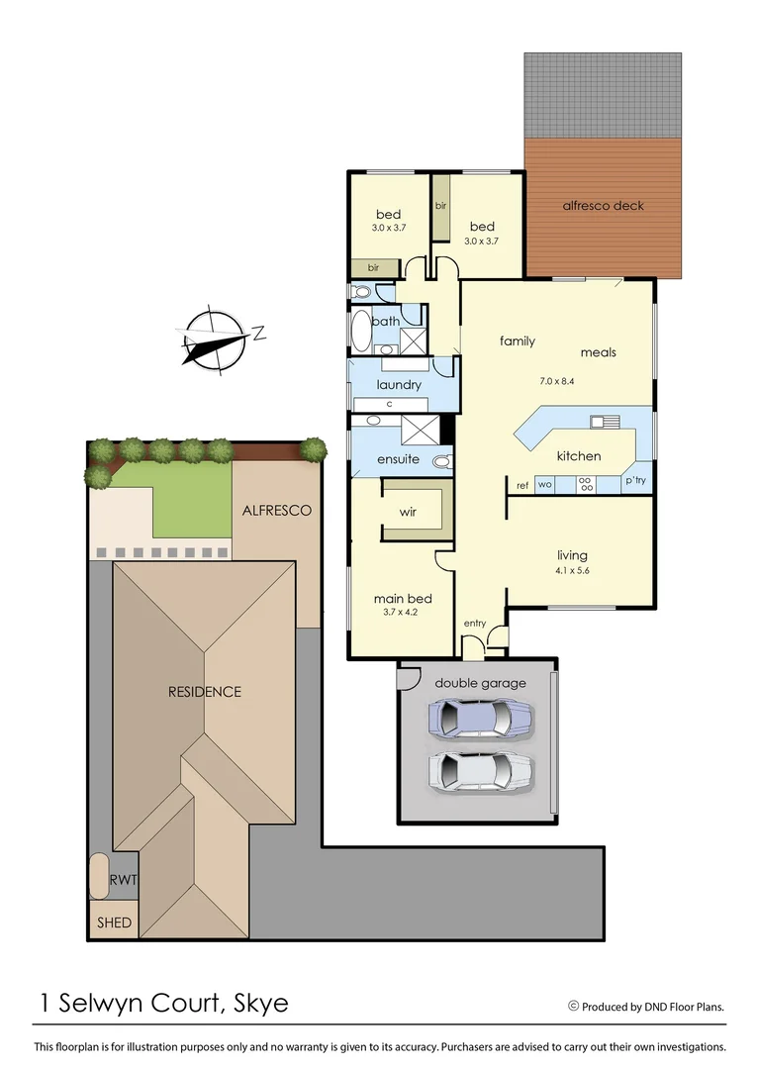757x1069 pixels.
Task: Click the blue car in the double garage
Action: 480,720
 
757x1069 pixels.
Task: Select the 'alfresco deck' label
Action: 603,206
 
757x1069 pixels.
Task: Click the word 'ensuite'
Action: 398,459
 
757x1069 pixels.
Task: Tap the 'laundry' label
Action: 399,384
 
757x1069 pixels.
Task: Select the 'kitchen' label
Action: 578,456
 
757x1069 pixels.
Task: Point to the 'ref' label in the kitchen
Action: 521,485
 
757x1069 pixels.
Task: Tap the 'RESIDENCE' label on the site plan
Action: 204,691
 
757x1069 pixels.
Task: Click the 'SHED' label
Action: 113,923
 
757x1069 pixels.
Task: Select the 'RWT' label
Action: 124,878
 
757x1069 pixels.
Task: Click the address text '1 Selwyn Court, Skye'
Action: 164,1003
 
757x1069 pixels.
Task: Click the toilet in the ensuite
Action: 441,461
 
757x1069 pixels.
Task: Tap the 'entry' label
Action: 475,623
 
